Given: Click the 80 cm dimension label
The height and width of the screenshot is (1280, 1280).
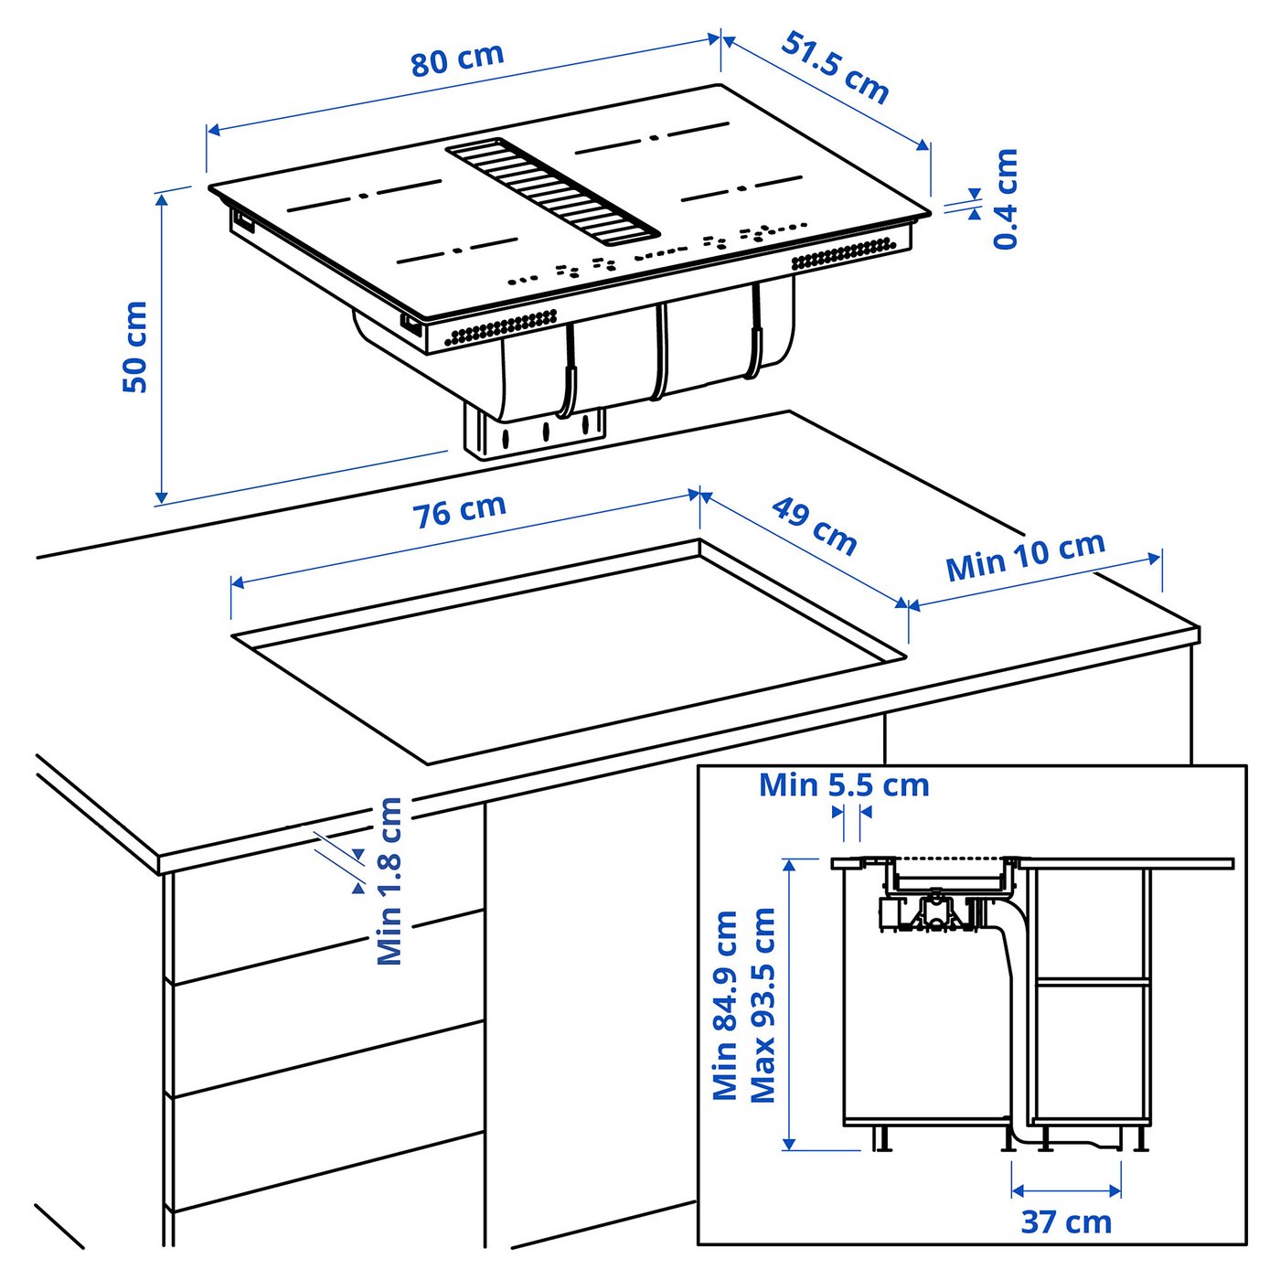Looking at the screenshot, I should point(456,59).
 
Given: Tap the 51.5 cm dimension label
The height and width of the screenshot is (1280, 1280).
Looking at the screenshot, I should point(835,68).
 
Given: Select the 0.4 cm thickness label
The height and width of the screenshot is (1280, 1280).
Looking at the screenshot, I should point(1006,199).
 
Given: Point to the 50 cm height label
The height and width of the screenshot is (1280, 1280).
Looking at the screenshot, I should point(135,347).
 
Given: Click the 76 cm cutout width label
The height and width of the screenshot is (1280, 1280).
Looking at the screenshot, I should point(460,511).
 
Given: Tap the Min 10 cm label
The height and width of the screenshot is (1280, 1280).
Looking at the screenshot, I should point(1025,556).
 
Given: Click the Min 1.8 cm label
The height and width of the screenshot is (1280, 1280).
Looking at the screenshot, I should point(390,880).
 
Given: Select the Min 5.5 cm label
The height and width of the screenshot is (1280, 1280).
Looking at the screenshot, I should point(843,785).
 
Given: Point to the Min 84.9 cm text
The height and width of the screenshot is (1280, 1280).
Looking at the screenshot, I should point(725,1006).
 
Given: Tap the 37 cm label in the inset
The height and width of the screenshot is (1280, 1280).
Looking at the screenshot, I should point(1066,1221).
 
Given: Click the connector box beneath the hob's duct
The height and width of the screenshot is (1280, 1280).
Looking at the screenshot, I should point(536,432).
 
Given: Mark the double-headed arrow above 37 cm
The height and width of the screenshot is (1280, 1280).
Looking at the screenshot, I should point(1066,1190).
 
